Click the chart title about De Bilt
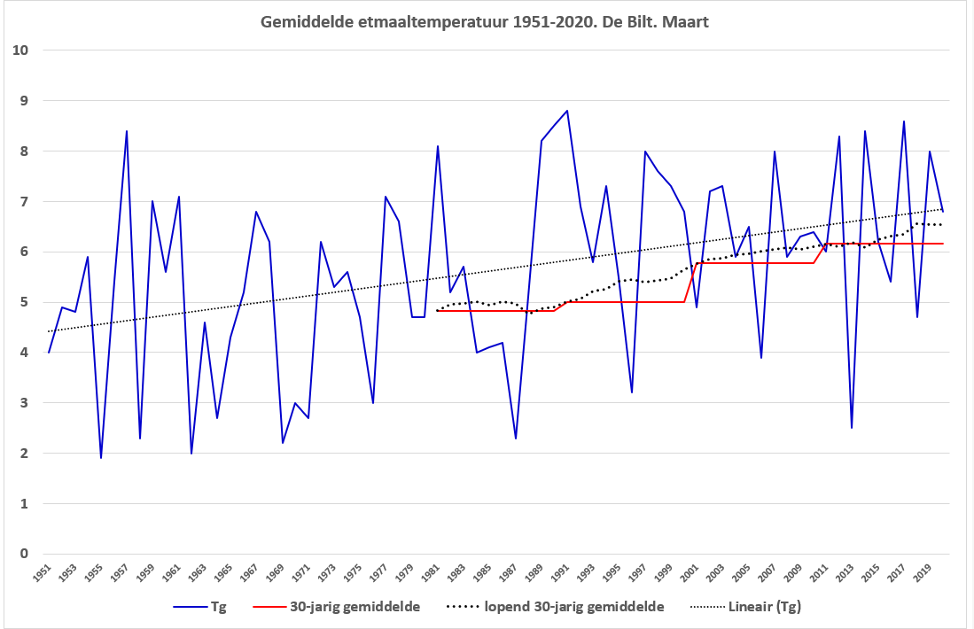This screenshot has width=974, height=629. (x=485, y=22)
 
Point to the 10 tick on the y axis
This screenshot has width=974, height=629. (x=20, y=50)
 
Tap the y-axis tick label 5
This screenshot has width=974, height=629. (x=24, y=302)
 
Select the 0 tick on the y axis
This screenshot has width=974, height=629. (x=24, y=554)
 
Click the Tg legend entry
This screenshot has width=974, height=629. (x=199, y=607)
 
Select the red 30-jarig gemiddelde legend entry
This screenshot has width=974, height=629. (x=337, y=607)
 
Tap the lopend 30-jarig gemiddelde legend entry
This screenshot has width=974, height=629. (x=556, y=607)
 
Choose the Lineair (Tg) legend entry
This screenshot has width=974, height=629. (x=746, y=607)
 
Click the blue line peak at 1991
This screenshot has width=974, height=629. (x=566, y=111)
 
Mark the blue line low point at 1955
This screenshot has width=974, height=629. (x=101, y=458)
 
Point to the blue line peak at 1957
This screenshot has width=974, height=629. (x=127, y=131)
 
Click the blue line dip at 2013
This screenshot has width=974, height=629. (x=852, y=428)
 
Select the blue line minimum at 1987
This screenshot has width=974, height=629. (x=516, y=439)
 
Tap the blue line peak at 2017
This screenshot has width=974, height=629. (x=904, y=121)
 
